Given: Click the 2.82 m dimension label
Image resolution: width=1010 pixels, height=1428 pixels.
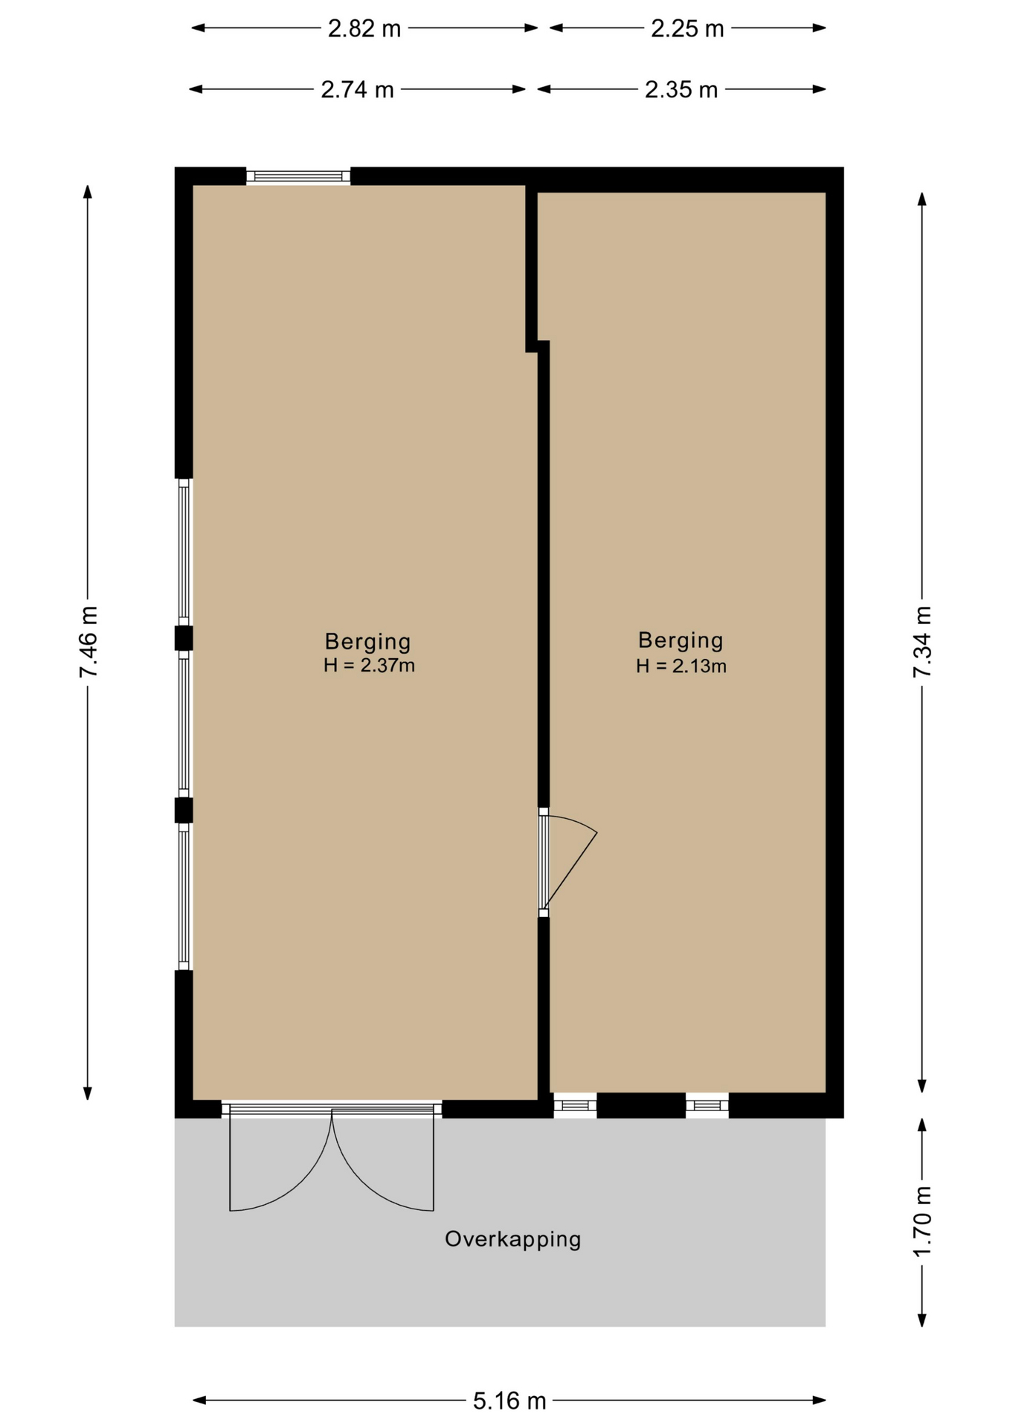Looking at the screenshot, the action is coord(364,28).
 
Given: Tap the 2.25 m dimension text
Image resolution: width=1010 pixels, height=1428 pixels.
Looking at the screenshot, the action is coord(687,28).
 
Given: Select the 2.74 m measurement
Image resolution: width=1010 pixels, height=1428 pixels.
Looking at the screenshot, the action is coord(357,89).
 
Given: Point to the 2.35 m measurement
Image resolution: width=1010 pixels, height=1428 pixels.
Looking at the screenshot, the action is coord(681,89).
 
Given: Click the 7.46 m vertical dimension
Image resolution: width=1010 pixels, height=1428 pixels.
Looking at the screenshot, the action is coord(89,642).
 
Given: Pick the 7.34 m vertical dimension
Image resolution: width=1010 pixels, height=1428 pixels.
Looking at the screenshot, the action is coord(922,642).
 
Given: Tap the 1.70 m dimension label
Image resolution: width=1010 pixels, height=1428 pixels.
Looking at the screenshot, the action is coord(922,1222).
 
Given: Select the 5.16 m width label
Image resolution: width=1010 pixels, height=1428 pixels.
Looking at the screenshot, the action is coord(509,1401).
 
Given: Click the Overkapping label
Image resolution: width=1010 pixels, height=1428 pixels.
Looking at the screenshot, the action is coord(513,1239).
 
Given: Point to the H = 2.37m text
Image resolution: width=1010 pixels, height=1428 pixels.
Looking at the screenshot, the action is coord(369,665).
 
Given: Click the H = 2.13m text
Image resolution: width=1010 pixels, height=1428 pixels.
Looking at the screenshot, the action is coord(681,666).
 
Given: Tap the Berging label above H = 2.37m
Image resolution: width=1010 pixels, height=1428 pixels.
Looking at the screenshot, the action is coord(368,641).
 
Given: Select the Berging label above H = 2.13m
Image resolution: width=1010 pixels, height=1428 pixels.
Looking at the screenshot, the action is coord(681,640).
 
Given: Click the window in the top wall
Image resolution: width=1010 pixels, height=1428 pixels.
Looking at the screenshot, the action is coord(298,176).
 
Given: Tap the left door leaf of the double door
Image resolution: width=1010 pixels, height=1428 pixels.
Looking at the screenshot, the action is coord(280,1157).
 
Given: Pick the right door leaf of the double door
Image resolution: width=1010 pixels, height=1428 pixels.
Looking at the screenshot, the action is coord(383,1157).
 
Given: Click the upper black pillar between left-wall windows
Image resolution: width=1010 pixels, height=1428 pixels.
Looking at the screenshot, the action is coord(184,638).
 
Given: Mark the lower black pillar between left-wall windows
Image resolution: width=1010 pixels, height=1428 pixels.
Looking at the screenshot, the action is coord(184,810).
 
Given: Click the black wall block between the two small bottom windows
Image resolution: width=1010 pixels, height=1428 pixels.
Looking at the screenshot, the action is coord(641,1105).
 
